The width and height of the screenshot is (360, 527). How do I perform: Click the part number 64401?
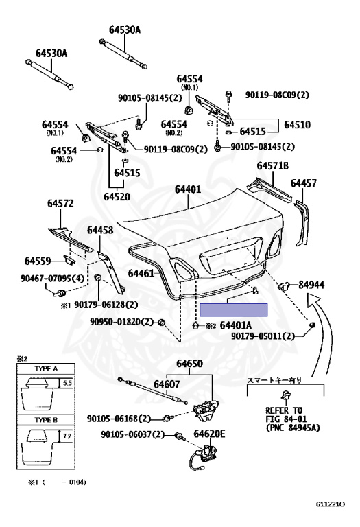pyautogui.click(x=187, y=189)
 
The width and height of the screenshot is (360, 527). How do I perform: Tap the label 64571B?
pyautogui.click(x=273, y=166)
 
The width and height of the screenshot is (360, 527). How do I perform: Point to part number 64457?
pyautogui.click(x=303, y=183)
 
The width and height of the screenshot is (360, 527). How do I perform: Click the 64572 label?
pyautogui.click(x=60, y=204)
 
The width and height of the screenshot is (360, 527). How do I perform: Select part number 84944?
pyautogui.click(x=311, y=284)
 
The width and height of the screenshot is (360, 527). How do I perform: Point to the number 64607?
pyautogui.click(x=167, y=384)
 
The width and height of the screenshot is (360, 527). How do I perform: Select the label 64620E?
pyautogui.click(x=209, y=434)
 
